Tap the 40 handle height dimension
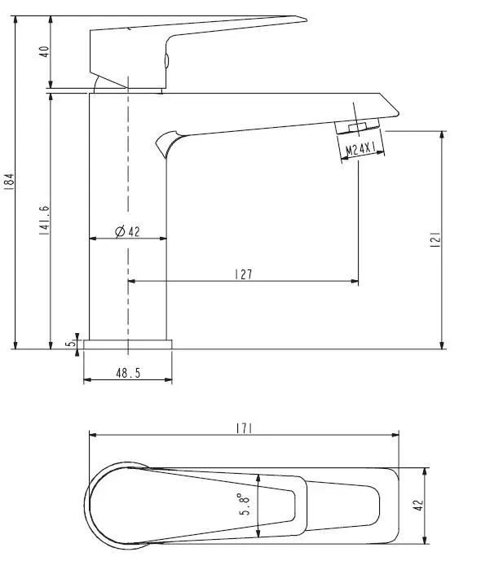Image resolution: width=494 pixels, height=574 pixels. point(44,51)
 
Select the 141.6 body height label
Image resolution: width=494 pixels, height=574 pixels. point(44,220)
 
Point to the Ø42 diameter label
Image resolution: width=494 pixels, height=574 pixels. point(127,231)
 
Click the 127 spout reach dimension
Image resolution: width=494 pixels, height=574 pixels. point(244,274)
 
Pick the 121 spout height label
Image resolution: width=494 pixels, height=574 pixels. point(435,239)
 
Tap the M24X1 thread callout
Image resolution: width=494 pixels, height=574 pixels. point(360,149)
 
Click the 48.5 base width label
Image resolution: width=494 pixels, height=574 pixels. point(128,373)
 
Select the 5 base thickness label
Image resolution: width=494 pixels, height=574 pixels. point(70,344)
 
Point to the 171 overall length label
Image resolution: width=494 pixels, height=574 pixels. point(244,428)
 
